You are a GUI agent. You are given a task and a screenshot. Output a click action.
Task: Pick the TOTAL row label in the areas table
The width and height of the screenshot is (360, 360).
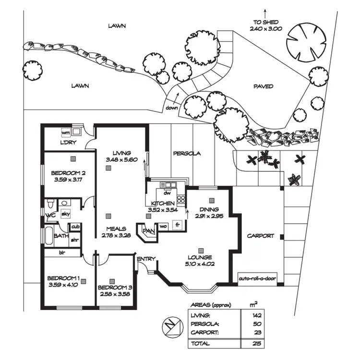pos(200,344)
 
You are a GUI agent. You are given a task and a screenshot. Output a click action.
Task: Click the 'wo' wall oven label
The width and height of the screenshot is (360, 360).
pos(163,226)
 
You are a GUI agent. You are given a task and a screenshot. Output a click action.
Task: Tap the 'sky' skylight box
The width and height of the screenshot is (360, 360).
pos(66,214)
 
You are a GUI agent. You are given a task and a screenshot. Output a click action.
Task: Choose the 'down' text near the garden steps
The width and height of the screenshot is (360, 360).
pos(171,108)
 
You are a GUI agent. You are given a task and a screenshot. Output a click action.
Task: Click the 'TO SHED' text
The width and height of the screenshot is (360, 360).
pos(265,22)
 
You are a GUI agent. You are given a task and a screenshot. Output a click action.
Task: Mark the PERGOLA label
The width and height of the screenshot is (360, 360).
pos(186,154)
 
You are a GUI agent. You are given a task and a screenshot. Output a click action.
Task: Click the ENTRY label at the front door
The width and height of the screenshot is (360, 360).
pos(146,259)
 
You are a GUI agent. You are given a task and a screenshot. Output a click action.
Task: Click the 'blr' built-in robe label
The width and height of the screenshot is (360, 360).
pos(61,252)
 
